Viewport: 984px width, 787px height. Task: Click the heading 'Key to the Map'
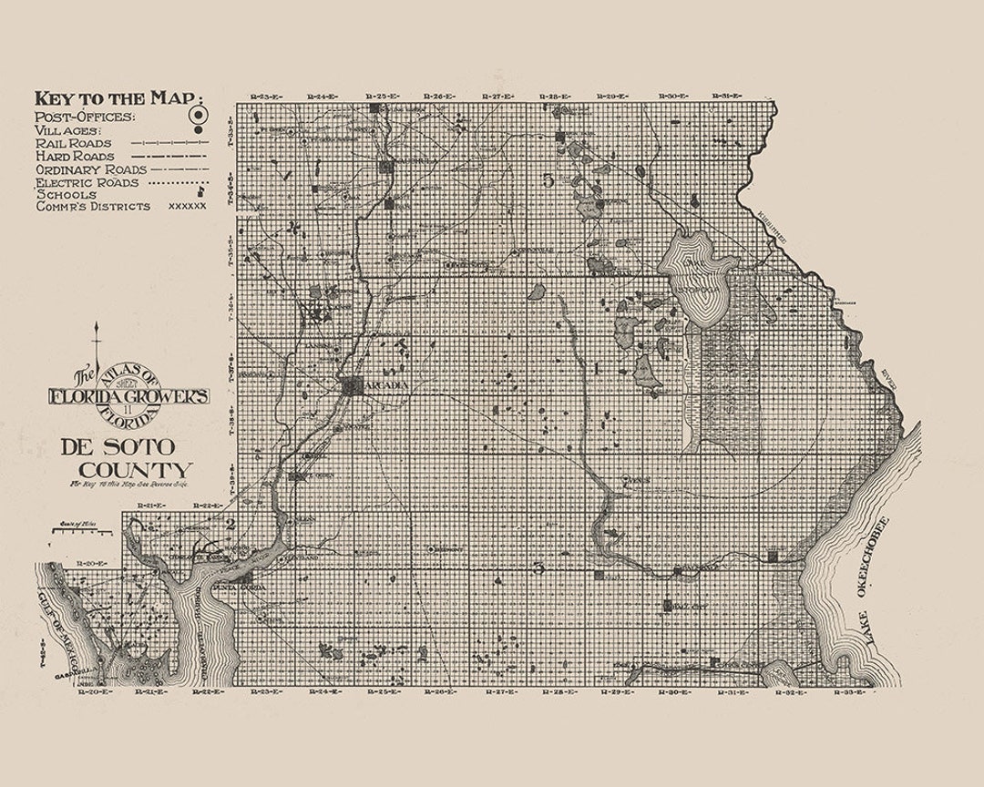tap(118, 98)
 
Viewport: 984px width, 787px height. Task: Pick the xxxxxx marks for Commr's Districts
tap(188, 207)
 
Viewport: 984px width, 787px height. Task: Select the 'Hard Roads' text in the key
tap(74, 156)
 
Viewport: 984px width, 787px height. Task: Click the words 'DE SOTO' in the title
tap(118, 447)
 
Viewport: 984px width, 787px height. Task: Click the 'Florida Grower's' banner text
tap(129, 396)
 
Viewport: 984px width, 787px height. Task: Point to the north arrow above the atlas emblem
tap(96, 342)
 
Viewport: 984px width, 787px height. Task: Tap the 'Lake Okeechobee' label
tap(878, 583)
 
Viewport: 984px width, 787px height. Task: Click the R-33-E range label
tap(852, 693)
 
